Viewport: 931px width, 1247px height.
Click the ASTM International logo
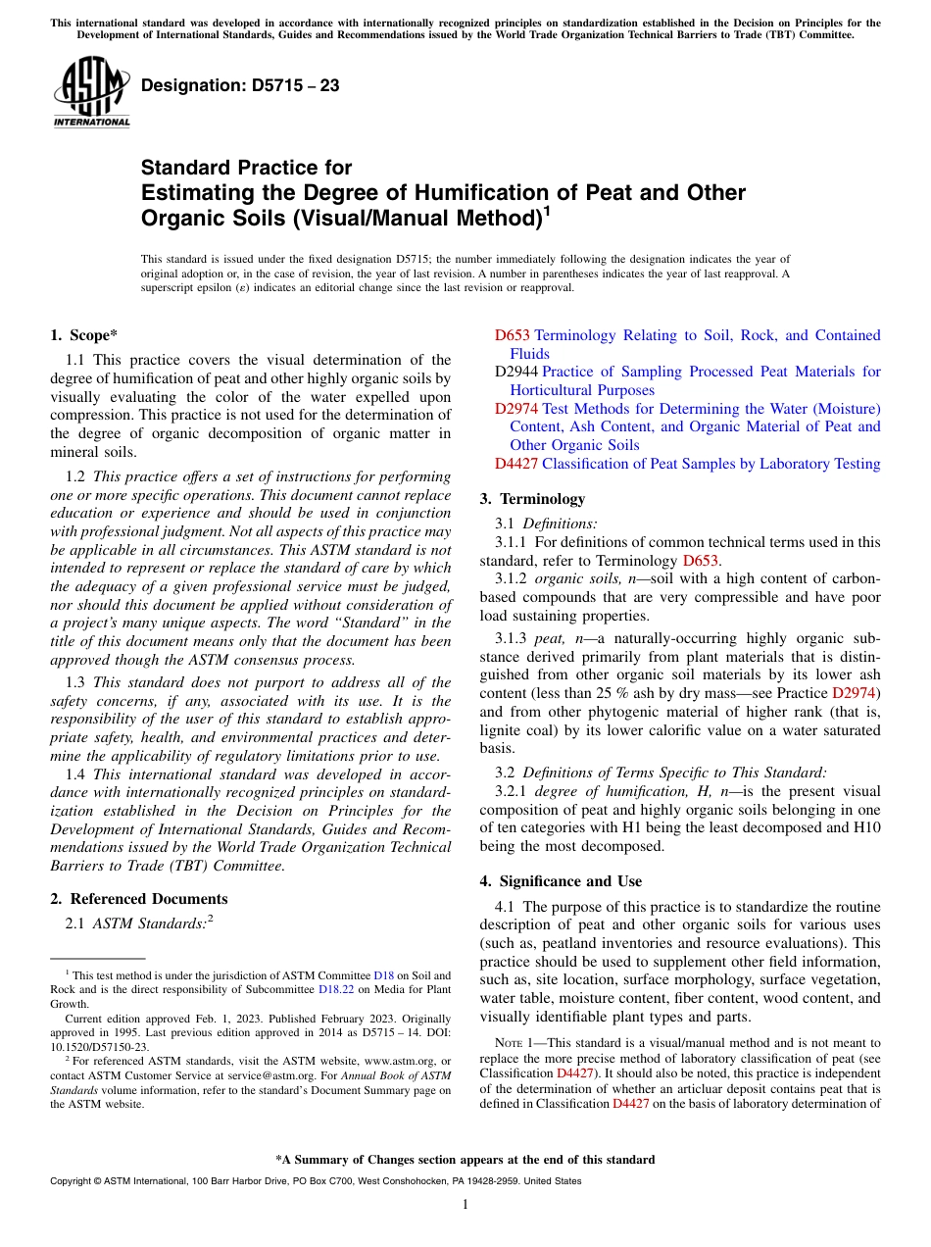(x=91, y=92)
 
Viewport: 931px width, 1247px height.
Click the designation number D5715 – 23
(x=240, y=85)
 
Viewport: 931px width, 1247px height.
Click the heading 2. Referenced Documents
(x=138, y=899)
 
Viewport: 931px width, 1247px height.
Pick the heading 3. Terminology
(x=532, y=499)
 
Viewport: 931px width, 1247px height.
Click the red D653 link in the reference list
(x=512, y=335)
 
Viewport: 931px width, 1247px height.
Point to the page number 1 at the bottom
(x=465, y=1204)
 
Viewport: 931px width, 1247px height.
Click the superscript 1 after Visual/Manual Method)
(x=547, y=210)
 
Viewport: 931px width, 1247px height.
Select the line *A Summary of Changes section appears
(x=465, y=1160)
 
